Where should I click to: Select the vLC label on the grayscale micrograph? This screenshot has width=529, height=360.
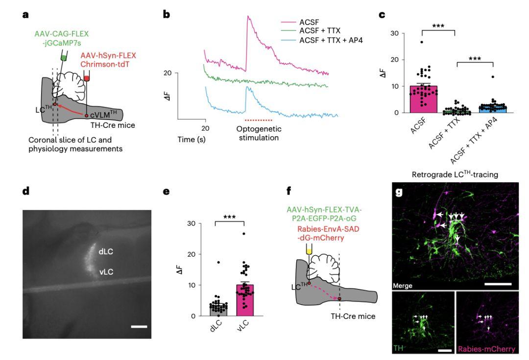[107, 270]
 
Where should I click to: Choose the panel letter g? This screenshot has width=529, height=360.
[399, 192]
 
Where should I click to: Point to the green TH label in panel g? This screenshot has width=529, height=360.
[399, 349]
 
